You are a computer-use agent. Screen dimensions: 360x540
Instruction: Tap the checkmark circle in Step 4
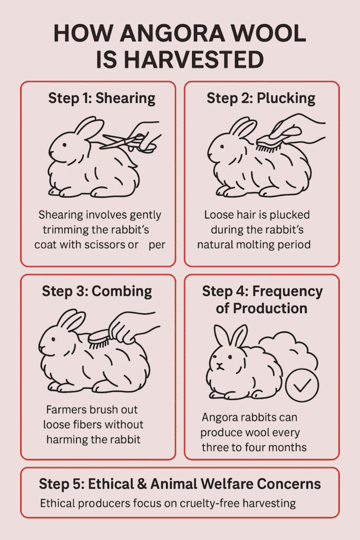pos(302,385)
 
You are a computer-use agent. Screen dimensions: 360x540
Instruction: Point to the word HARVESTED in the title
pos(193,60)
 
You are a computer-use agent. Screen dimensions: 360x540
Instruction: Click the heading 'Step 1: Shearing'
pos(102,98)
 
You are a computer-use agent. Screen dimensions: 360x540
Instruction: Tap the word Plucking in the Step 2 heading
pos(286,98)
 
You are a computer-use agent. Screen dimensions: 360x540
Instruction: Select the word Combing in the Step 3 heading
pos(122,291)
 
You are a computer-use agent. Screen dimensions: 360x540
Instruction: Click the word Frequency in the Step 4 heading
pos(287,291)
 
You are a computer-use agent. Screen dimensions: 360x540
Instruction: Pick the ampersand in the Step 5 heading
pos(142,484)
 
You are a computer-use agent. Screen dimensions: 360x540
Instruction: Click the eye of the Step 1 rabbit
pos(64,144)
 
